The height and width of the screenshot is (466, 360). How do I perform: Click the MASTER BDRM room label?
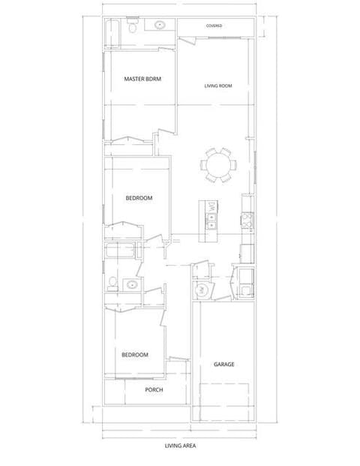pyautogui.click(x=142, y=79)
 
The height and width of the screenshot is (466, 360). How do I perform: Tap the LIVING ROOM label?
pyautogui.click(x=218, y=86)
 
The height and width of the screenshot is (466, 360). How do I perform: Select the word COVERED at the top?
pyautogui.click(x=214, y=26)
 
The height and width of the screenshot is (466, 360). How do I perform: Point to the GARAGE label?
pyautogui.click(x=224, y=365)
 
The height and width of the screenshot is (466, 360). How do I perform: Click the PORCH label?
pyautogui.click(x=154, y=389)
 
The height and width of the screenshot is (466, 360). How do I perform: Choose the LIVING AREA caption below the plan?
pyautogui.click(x=180, y=446)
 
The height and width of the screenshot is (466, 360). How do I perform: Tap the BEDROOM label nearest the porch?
pyautogui.click(x=135, y=355)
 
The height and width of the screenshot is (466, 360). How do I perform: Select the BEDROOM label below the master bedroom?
pyautogui.click(x=139, y=198)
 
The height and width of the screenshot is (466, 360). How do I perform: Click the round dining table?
pyautogui.click(x=218, y=165)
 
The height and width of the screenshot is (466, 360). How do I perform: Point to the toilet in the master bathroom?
pyautogui.click(x=131, y=26)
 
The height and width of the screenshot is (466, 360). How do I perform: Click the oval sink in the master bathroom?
pyautogui.click(x=160, y=25)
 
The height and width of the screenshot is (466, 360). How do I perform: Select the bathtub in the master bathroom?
pyautogui.click(x=112, y=34)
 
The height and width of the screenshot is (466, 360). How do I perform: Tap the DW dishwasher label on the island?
pyautogui.click(x=211, y=206)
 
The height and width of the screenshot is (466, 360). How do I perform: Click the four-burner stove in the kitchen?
pyautogui.click(x=247, y=220)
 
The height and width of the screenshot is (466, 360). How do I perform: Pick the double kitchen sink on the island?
pyautogui.click(x=211, y=221)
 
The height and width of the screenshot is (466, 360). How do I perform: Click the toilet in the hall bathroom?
pyautogui.click(x=112, y=284)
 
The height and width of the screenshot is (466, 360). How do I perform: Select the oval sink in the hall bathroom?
pyautogui.click(x=131, y=284)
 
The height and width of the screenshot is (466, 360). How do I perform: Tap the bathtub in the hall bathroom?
pyautogui.click(x=120, y=251)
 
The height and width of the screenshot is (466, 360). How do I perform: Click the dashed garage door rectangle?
pyautogui.click(x=224, y=402)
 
